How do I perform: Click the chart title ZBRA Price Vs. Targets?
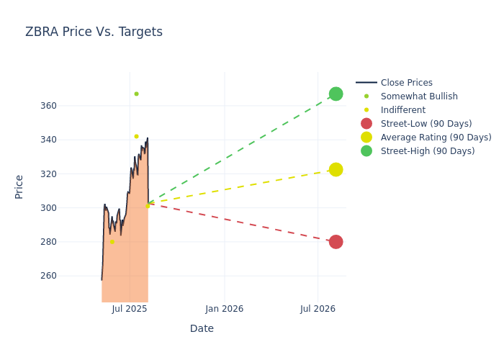coord(94,32)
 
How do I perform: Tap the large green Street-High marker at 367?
coord(336,94)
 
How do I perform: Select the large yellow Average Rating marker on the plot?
coord(336,170)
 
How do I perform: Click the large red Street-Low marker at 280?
coord(336,242)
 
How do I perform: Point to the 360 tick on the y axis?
coord(68,106)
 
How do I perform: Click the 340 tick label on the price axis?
coord(68,140)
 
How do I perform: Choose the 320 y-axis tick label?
coord(68,174)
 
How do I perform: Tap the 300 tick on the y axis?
coord(68,208)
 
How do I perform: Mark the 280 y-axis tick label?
coord(68,242)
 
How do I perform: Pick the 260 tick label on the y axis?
coord(68,276)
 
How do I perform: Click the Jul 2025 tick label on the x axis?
coord(130,309)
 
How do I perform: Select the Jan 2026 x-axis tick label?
coord(224,309)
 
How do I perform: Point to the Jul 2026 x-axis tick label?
coord(318,309)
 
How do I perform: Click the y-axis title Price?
coord(19,186)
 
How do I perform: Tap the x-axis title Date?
coord(202,329)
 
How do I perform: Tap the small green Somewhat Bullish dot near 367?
coord(136,94)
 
